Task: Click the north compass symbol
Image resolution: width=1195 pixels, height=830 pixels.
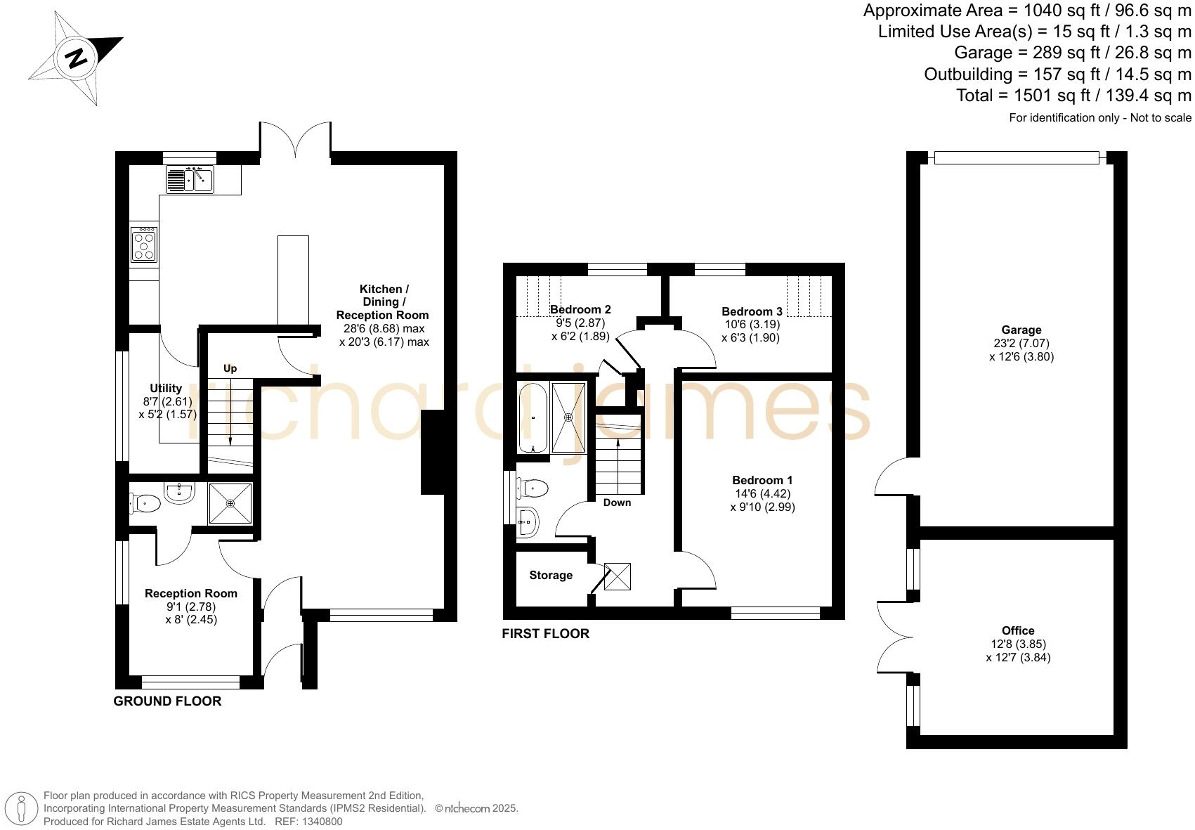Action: [76, 58]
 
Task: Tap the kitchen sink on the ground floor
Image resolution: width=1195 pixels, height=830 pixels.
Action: [189, 179]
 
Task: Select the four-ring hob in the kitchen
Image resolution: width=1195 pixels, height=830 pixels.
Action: [144, 245]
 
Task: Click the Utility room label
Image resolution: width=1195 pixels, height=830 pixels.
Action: [166, 388]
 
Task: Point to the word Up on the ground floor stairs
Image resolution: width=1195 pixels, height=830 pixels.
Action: [230, 368]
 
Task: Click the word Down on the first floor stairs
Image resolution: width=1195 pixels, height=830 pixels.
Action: [617, 502]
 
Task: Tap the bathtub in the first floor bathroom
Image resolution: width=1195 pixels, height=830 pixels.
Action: [533, 417]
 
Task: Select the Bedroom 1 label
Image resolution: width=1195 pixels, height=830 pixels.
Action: [762, 481]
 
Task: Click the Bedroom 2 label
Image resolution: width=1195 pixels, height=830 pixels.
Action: [580, 309]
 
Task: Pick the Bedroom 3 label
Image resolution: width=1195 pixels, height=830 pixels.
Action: [752, 311]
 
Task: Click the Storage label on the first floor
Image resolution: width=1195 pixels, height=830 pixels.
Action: [551, 576]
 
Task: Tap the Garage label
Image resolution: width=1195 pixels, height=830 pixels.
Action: [1021, 330]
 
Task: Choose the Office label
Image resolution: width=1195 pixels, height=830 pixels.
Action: [1018, 630]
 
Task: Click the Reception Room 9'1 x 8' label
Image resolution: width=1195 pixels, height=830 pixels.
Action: [191, 594]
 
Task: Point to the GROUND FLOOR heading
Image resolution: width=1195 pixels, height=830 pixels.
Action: [167, 701]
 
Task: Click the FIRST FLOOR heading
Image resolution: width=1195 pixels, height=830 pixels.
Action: [545, 633]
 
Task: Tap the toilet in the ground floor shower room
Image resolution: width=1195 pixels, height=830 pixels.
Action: [145, 502]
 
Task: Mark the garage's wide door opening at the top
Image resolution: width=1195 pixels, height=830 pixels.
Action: [1016, 158]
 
